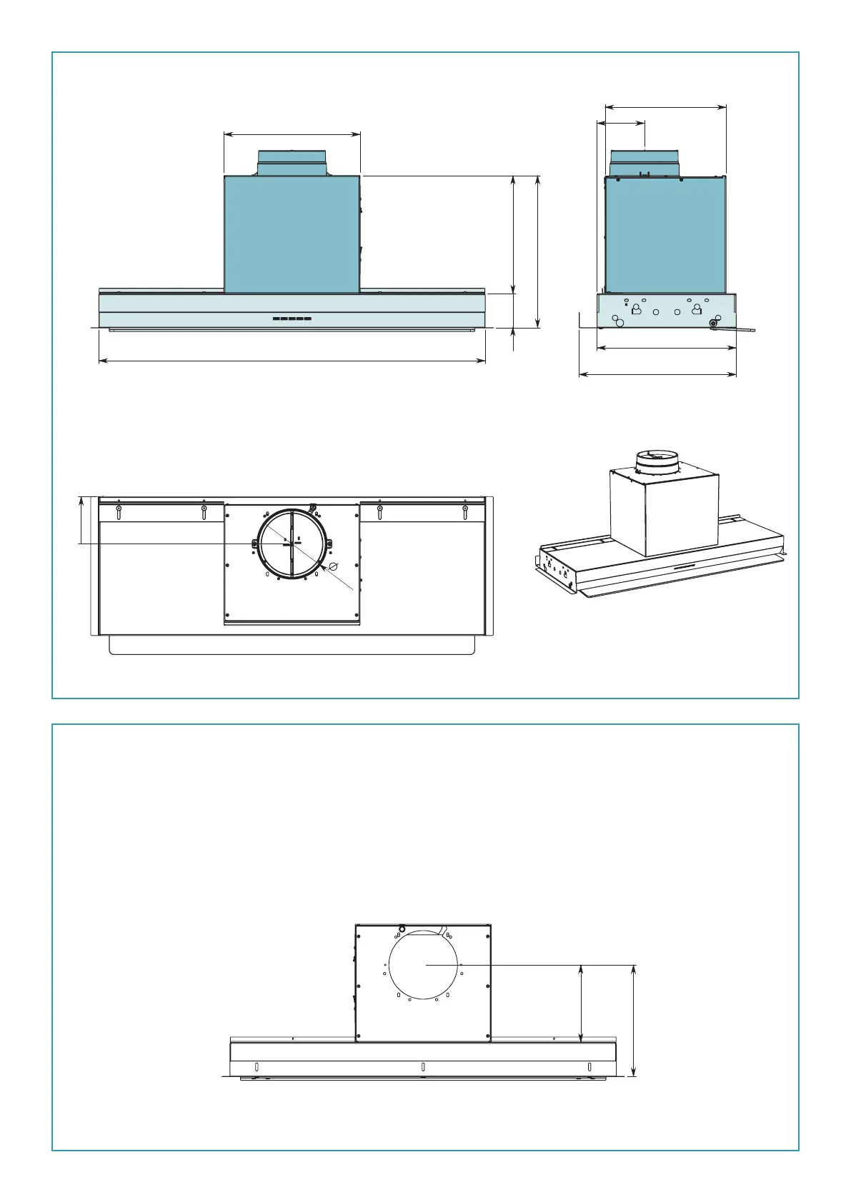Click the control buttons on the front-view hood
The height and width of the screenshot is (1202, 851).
(x=292, y=319)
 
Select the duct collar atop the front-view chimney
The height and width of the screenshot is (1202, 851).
(x=292, y=163)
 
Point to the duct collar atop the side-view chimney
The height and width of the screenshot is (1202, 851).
(x=644, y=162)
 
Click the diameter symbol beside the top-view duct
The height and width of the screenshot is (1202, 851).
(x=333, y=566)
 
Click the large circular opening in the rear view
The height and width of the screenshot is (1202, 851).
(x=424, y=965)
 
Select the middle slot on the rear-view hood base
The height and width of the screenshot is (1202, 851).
(x=423, y=1067)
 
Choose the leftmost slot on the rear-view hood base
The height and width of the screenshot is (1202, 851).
(x=257, y=1067)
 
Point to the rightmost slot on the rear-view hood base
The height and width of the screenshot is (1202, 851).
(x=589, y=1067)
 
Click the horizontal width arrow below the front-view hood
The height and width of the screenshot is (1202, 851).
(x=292, y=361)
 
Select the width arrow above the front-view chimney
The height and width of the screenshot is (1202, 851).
(x=292, y=134)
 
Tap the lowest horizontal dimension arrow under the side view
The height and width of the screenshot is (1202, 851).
(x=657, y=374)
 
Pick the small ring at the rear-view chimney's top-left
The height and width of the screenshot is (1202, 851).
(x=402, y=929)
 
